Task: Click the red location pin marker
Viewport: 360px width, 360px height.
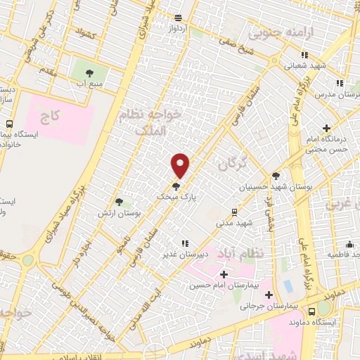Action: pos(181,165)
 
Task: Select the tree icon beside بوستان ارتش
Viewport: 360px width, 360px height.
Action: pos(127,202)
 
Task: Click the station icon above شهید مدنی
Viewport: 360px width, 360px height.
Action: pos(234,211)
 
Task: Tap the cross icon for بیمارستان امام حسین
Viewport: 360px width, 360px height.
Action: pos(224,274)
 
